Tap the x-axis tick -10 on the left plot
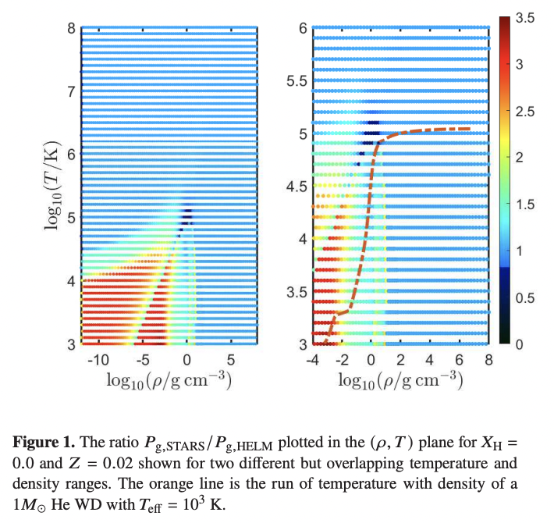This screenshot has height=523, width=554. coord(98,359)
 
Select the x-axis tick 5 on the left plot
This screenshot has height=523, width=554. coord(230,359)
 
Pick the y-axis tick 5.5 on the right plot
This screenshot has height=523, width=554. coord(296,80)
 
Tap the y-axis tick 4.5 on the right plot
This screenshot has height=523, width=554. coord(296,186)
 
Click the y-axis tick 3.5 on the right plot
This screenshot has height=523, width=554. coord(296,292)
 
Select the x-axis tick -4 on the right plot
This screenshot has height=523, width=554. coord(312,359)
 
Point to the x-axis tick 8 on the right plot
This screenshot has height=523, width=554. coord(488,359)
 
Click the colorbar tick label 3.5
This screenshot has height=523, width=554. coord(525,17)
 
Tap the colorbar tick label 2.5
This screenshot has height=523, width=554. coord(525,111)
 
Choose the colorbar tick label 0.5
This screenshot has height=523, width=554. coord(525,297)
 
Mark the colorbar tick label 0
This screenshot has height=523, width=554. coord(520,343)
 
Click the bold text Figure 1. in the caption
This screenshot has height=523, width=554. coord(43,443)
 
